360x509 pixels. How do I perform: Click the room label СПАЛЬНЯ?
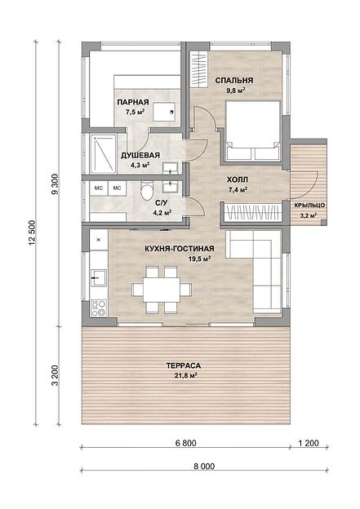(234, 80)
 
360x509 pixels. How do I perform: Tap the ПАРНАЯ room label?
(133, 102)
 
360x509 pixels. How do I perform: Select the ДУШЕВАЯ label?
(140, 155)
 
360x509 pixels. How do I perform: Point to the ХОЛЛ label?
(238, 179)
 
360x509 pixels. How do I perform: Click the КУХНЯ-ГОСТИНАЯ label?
(180, 249)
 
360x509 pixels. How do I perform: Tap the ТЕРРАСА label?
(184, 365)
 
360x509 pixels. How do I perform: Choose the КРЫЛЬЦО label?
(309, 206)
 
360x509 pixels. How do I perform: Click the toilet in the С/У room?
(147, 192)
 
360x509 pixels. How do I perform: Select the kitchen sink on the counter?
(99, 278)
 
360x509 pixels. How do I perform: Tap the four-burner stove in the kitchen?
(99, 308)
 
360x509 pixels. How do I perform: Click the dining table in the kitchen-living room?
(162, 290)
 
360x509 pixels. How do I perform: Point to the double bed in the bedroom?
(253, 131)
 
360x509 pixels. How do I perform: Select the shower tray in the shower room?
(104, 154)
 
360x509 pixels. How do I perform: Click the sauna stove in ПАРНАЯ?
(164, 112)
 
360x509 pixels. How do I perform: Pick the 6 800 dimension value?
(185, 443)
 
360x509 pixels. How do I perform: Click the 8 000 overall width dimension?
(204, 467)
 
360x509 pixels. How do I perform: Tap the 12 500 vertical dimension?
(32, 232)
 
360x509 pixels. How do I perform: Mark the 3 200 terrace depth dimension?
(55, 375)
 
